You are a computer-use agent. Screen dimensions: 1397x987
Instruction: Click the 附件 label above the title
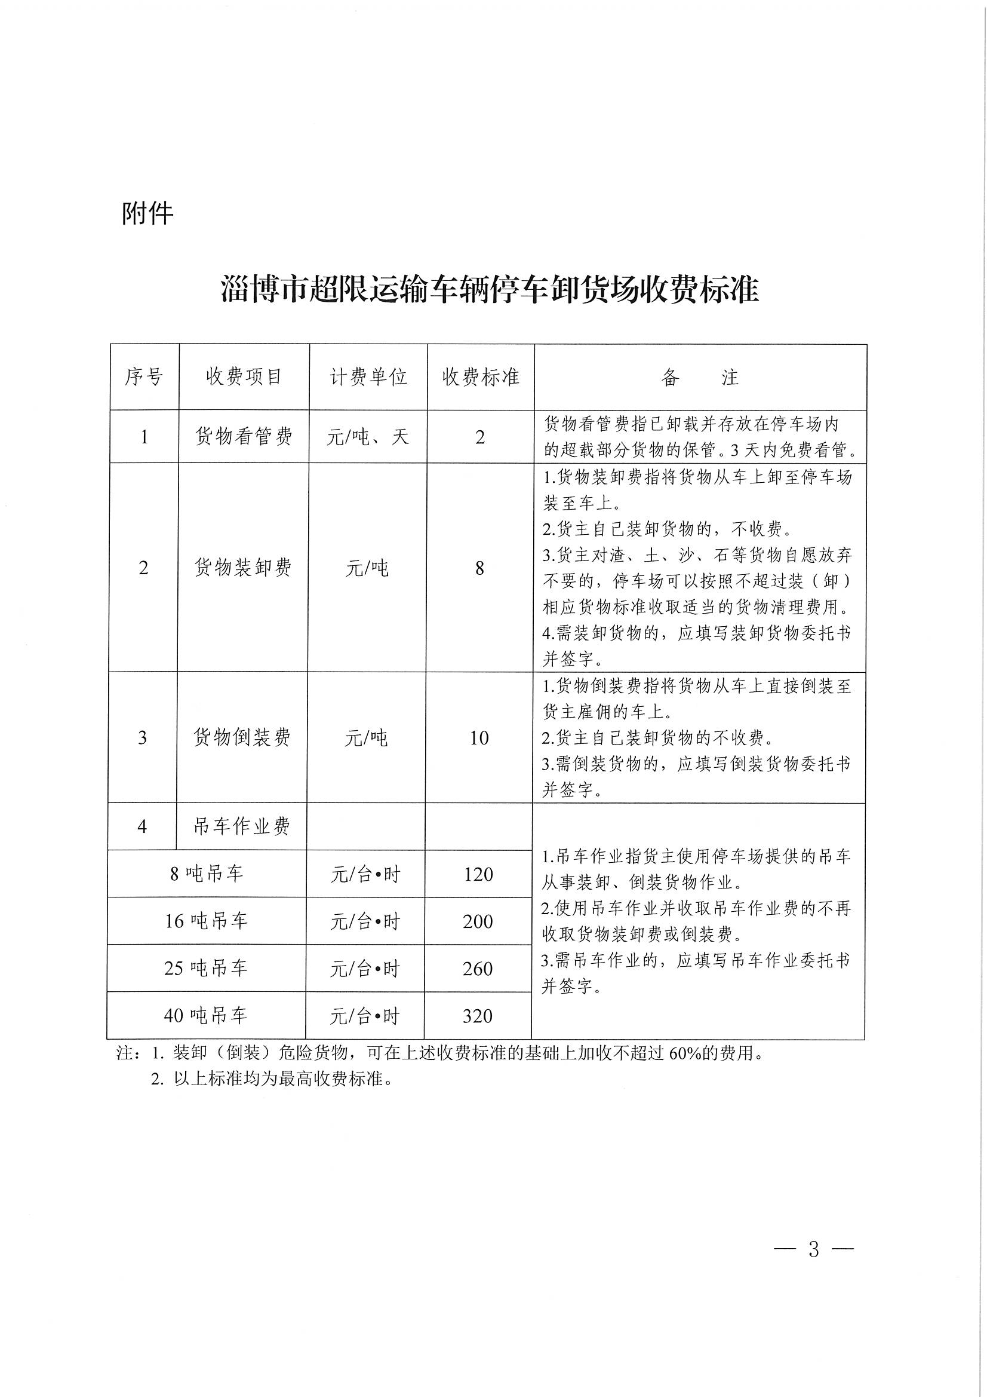click(x=147, y=213)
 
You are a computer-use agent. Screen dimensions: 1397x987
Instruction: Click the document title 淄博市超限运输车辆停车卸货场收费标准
click(x=490, y=290)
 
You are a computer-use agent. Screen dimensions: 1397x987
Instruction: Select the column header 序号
click(x=144, y=377)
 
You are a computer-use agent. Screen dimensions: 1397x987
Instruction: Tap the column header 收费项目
click(x=244, y=377)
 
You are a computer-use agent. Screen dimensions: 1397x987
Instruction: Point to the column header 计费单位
click(x=368, y=377)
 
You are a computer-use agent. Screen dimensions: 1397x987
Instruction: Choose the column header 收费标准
click(x=481, y=377)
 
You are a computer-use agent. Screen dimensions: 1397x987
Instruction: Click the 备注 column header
click(x=699, y=378)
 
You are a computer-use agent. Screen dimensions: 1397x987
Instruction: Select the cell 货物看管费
click(x=243, y=437)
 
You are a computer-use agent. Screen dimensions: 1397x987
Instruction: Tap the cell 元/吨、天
click(x=367, y=437)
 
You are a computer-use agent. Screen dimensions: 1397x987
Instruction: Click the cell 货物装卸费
click(x=242, y=568)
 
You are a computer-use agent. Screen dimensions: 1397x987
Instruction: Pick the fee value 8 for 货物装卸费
click(x=480, y=568)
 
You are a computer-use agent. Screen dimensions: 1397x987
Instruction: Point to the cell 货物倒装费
click(x=242, y=737)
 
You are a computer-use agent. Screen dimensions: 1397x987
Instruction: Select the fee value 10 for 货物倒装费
click(x=479, y=738)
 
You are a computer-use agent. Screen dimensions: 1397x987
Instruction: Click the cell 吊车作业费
click(x=241, y=826)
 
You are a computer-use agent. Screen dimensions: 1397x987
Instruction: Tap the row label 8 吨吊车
click(x=206, y=874)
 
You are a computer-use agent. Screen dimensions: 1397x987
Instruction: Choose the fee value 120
click(x=478, y=874)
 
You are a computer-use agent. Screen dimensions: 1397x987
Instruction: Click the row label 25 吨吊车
click(x=205, y=968)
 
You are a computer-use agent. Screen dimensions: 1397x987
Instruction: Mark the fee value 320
click(x=478, y=1016)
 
